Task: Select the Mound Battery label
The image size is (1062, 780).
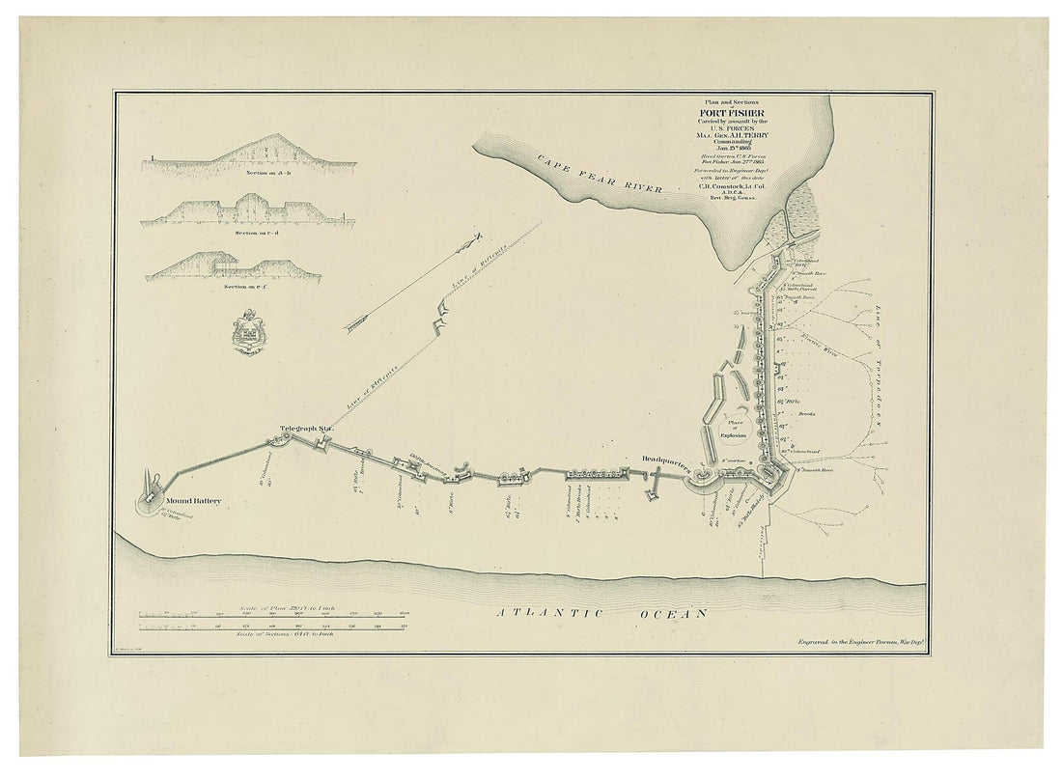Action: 193,501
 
